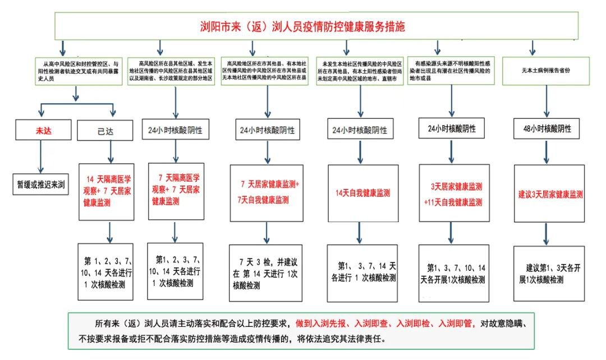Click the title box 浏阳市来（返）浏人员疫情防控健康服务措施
[302, 26]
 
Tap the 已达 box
[105, 132]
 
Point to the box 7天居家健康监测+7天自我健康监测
[266, 192]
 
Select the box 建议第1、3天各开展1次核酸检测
[549, 273]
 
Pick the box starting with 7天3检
[266, 274]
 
